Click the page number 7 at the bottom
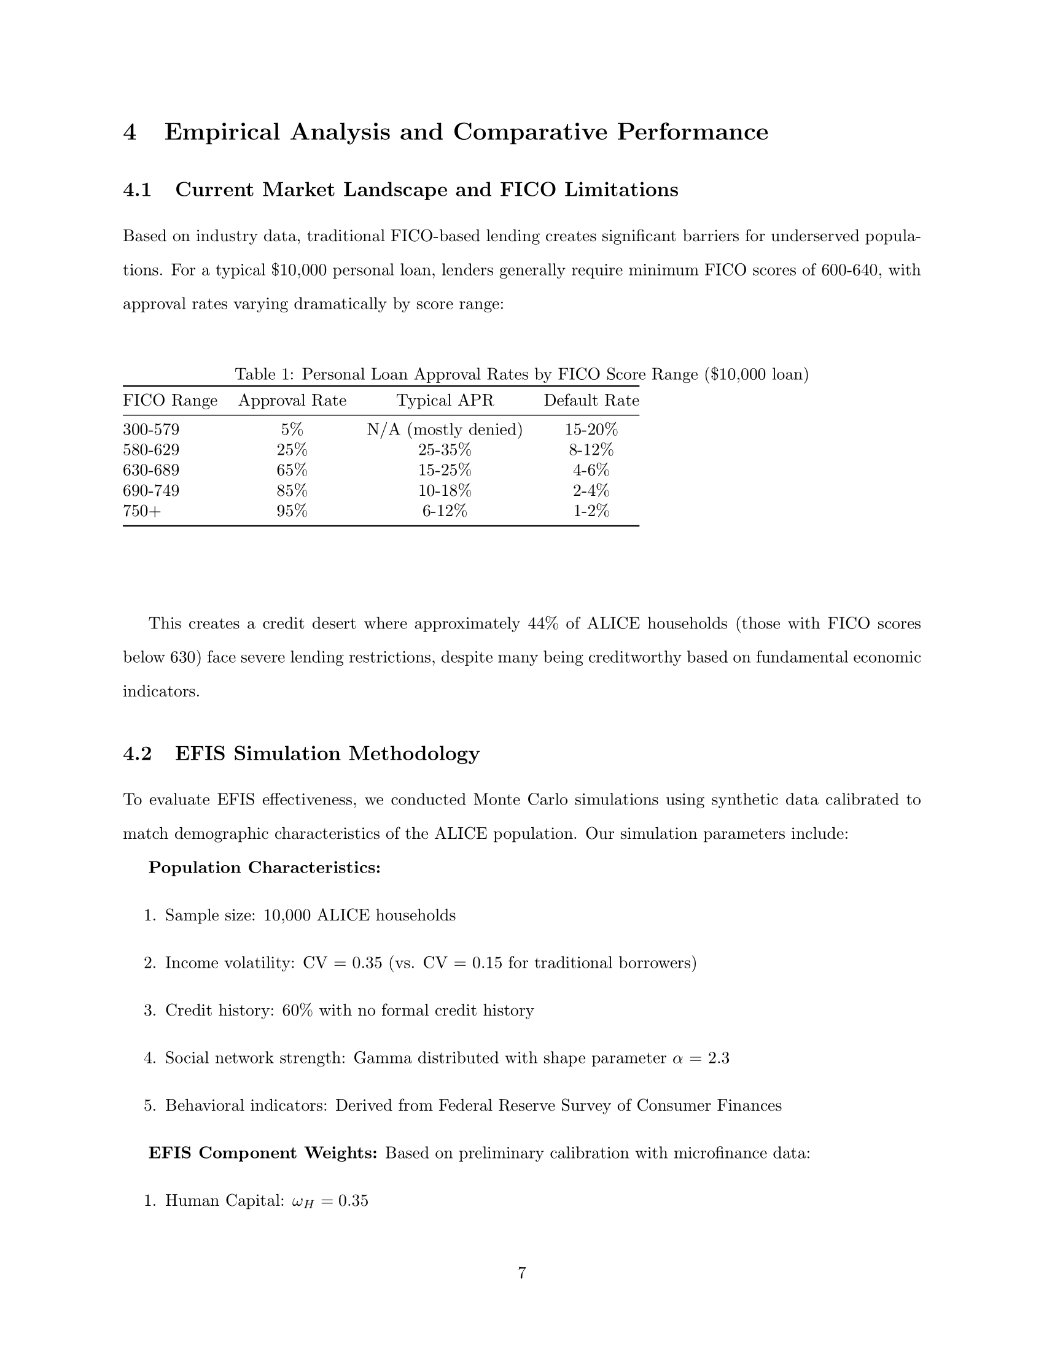(x=521, y=1273)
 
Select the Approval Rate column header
(x=292, y=401)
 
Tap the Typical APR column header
(x=445, y=401)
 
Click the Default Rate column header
(x=591, y=401)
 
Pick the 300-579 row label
(x=151, y=430)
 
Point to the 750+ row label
(x=142, y=511)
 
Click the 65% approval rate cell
(x=292, y=471)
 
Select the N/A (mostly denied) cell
(x=445, y=430)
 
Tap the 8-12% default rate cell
(x=591, y=450)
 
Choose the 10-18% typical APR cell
(x=445, y=491)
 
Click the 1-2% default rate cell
(x=591, y=511)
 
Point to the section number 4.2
(x=138, y=754)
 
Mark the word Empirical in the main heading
(x=222, y=133)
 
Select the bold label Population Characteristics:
(x=264, y=868)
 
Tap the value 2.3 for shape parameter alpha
(x=719, y=1059)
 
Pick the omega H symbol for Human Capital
(x=299, y=1201)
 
